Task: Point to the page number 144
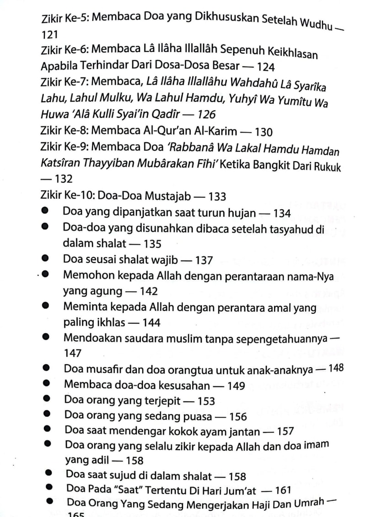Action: coord(151,323)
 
